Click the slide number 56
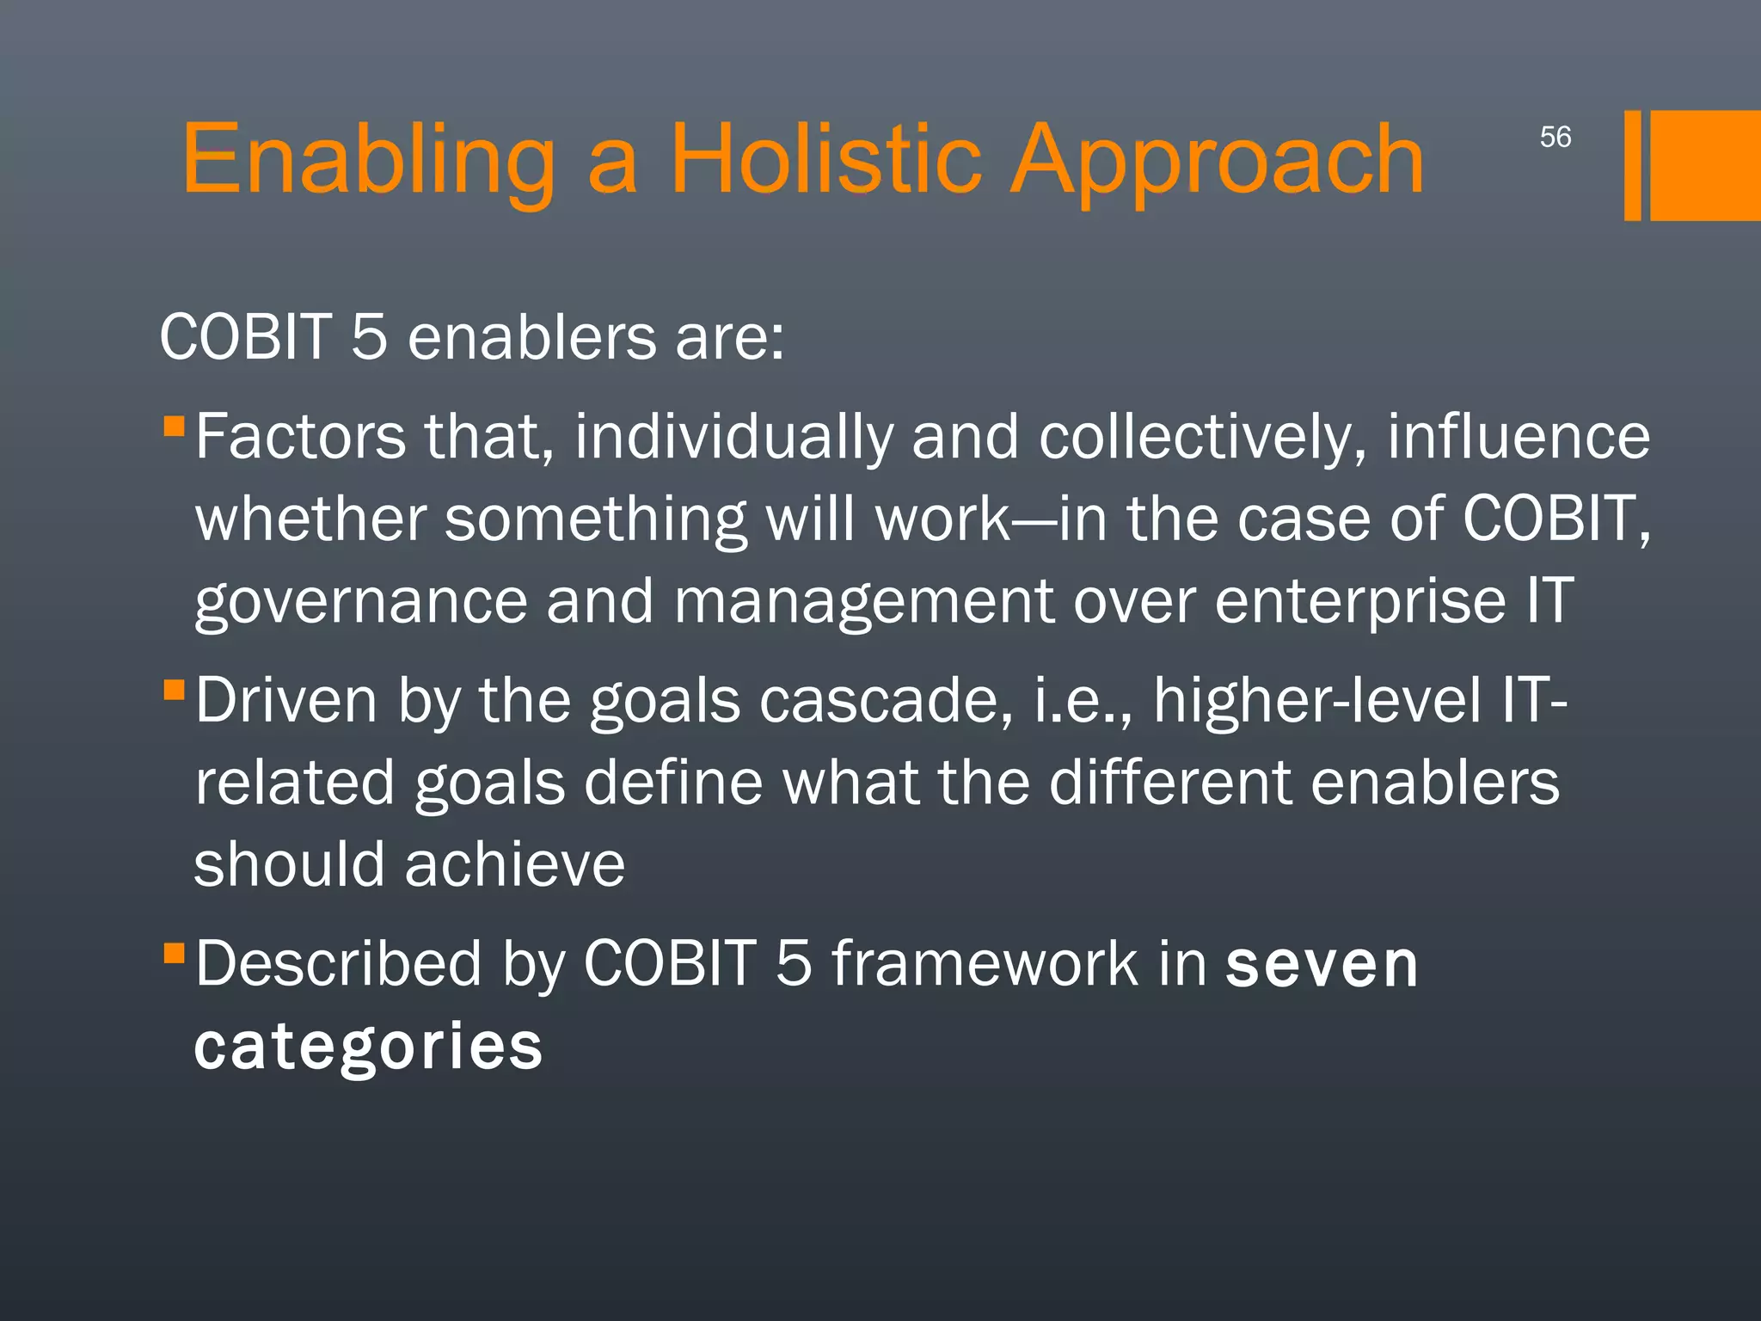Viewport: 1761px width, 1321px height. pyautogui.click(x=1555, y=137)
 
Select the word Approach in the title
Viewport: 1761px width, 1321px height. pyautogui.click(x=1216, y=160)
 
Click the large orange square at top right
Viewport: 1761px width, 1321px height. pyautogui.click(x=1704, y=165)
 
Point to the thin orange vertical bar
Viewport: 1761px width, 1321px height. pyautogui.click(x=1632, y=165)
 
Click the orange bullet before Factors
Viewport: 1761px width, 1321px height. pyautogui.click(x=174, y=426)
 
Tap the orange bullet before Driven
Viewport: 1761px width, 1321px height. pyautogui.click(x=174, y=689)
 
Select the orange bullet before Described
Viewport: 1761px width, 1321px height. pyautogui.click(x=174, y=952)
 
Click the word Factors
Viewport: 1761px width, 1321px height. pyautogui.click(x=300, y=438)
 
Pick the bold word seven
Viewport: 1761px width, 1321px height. pyautogui.click(x=1321, y=964)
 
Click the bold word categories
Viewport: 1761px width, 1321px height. pyautogui.click(x=368, y=1047)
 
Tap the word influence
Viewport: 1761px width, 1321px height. pyautogui.click(x=1518, y=438)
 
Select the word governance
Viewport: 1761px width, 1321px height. pyautogui.click(x=360, y=602)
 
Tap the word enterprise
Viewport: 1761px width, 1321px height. pyautogui.click(x=1359, y=602)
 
